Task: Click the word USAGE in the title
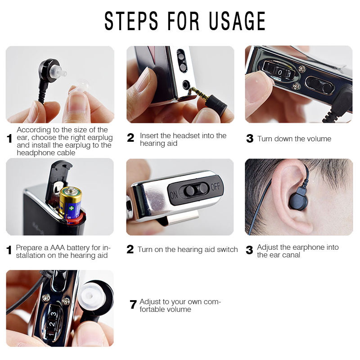237,21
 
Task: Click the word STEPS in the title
131,21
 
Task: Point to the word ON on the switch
174,195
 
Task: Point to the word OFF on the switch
216,186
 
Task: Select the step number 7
133,305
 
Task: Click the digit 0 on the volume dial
280,72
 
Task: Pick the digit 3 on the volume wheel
54,314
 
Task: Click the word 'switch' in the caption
227,249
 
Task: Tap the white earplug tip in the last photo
91,295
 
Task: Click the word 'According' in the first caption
34,130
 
